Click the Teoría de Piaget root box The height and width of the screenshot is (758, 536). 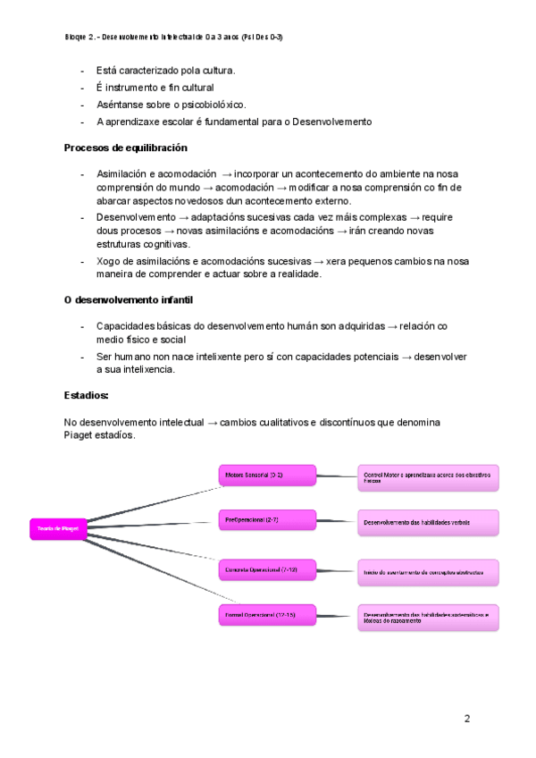(59, 528)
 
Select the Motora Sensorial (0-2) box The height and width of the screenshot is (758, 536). (267, 476)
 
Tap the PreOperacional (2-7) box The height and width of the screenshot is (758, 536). (267, 519)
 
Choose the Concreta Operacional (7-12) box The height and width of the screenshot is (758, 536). (267, 569)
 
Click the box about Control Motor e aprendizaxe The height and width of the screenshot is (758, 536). (428, 477)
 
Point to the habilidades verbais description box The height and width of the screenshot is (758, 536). (428, 521)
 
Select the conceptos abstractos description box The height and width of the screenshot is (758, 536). (428, 571)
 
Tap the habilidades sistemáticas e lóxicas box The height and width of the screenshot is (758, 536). (428, 616)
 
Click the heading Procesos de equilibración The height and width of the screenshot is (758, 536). (125, 147)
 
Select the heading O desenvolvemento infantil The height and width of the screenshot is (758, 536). (129, 300)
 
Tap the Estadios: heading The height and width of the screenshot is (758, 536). (86, 394)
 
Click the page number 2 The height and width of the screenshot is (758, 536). (467, 718)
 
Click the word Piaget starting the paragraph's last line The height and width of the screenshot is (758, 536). (79, 435)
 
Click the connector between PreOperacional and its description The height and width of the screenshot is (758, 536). (337, 520)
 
